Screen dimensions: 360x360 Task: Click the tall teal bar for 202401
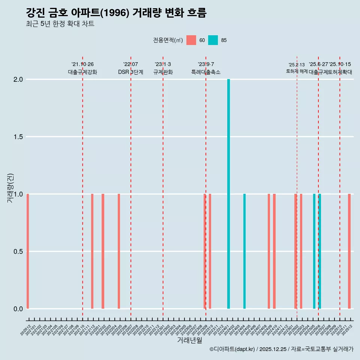pos(228,194)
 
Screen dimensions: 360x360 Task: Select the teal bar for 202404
pos(244,251)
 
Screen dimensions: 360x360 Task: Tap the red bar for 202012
pos(28,251)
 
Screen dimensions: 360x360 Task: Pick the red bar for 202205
pos(119,251)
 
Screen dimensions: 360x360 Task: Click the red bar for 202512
pos(349,251)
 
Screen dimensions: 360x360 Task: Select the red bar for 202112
pos(92,251)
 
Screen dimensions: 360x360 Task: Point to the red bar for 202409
pos(269,251)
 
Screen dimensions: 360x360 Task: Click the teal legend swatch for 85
pos(213,40)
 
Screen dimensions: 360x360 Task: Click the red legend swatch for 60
pos(191,40)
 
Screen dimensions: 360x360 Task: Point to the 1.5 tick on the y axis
pos(18,137)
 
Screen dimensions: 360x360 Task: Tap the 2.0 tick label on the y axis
pos(18,79)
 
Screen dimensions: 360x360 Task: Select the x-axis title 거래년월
pos(189,340)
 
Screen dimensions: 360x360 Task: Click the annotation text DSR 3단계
pos(130,72)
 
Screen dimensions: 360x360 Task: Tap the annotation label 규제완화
pos(163,72)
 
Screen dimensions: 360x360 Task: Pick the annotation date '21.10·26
pos(82,64)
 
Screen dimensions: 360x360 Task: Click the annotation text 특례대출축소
pos(206,72)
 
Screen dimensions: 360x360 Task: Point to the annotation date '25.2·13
pos(297,65)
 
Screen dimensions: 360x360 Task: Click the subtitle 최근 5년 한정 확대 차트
pos(60,24)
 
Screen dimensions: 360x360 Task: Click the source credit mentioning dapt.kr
pos(281,349)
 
